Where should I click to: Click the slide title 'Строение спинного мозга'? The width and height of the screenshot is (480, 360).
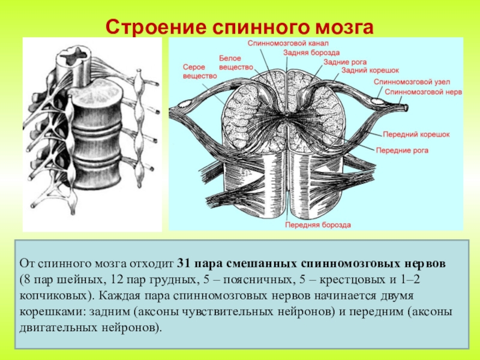click(x=239, y=27)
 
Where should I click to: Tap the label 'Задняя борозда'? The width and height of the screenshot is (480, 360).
click(x=305, y=52)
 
